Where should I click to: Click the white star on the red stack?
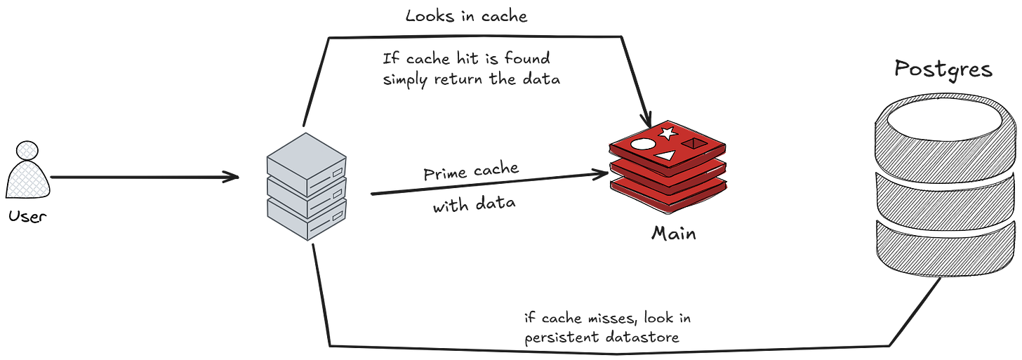click(x=668, y=132)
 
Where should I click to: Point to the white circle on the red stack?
click(x=642, y=145)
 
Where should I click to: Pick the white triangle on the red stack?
click(x=665, y=154)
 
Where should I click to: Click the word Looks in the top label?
click(x=428, y=16)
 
